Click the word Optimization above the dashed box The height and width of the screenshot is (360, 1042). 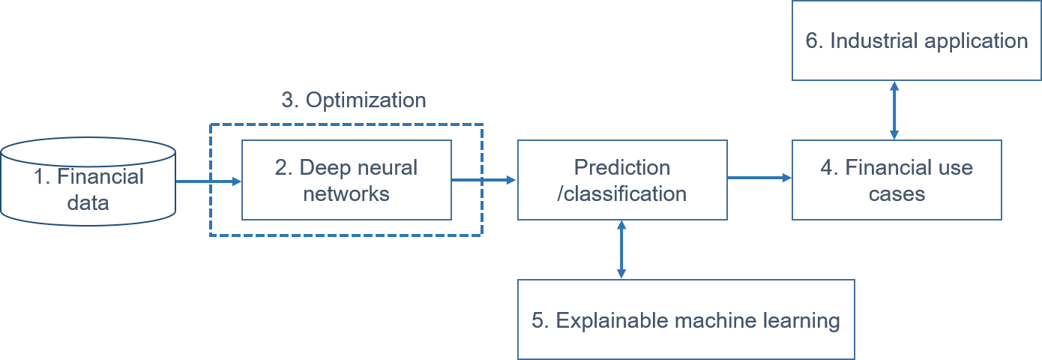(367, 100)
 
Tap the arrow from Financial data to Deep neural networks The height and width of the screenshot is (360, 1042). (208, 181)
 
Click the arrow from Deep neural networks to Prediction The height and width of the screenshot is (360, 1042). (484, 180)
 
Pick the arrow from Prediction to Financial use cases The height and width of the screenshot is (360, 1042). (759, 178)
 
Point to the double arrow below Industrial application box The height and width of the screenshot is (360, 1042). (894, 109)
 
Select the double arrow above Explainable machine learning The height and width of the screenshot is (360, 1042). (621, 250)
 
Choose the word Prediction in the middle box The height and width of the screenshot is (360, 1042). (622, 166)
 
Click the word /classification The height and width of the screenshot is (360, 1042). (622, 193)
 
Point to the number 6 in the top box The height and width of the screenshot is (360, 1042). (813, 40)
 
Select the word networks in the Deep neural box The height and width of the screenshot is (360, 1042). (346, 193)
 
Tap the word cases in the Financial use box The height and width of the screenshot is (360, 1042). (897, 193)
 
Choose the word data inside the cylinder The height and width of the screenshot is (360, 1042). (88, 202)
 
